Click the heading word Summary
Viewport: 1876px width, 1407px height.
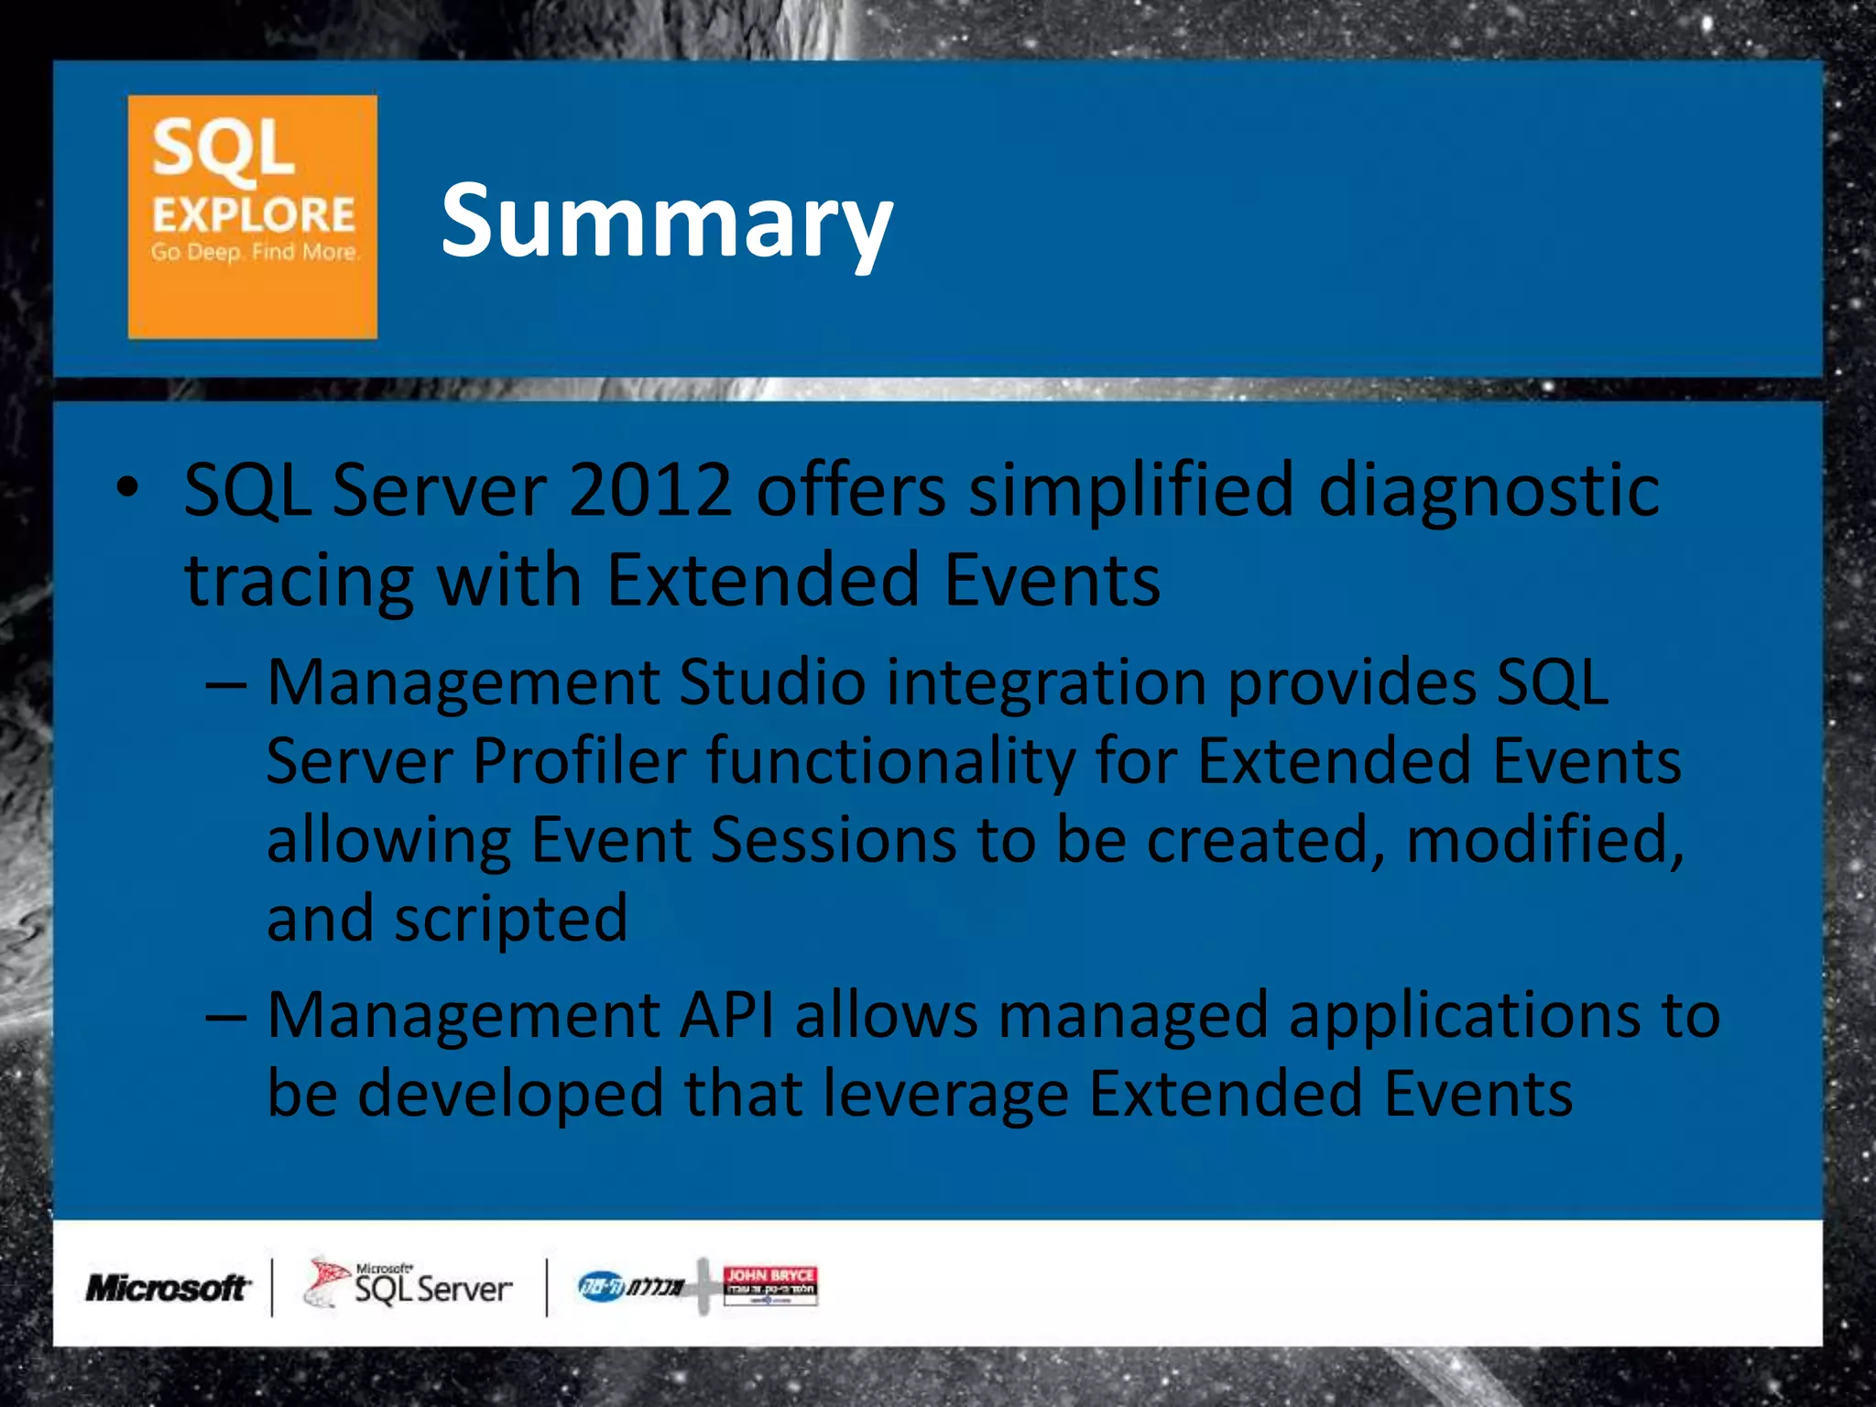coord(666,221)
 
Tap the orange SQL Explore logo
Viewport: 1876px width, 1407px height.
coord(252,217)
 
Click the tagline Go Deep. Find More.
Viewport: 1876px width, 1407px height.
coord(254,252)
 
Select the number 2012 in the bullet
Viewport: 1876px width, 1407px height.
coord(649,490)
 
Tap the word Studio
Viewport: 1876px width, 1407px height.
coord(772,682)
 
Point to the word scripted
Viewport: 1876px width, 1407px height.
coord(510,919)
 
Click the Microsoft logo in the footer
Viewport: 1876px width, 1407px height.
coord(167,1288)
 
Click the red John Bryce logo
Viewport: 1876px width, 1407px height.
coord(769,1283)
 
